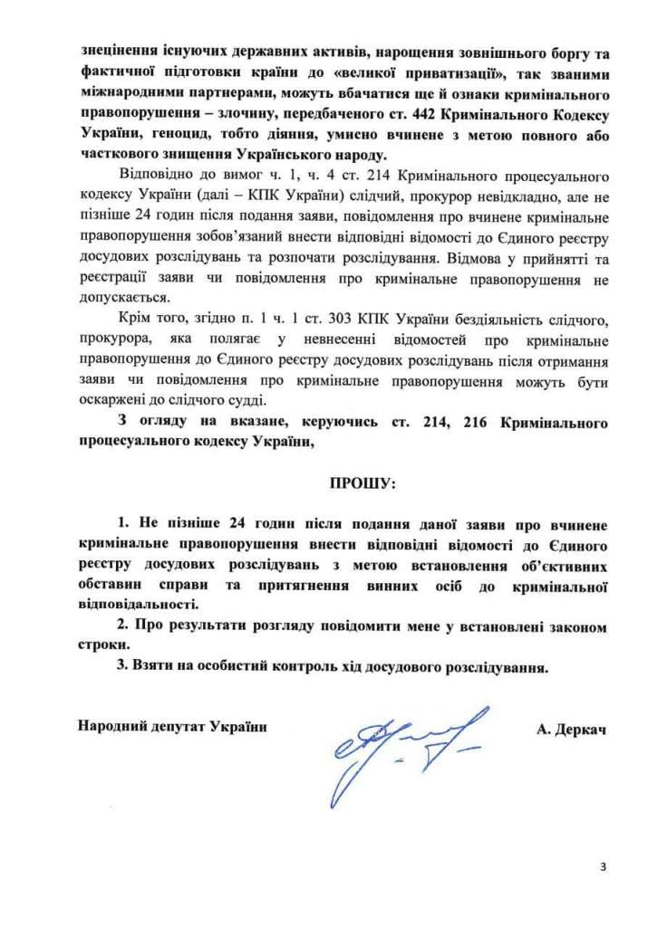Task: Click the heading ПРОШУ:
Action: pos(362,484)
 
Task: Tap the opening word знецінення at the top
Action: pos(117,52)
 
